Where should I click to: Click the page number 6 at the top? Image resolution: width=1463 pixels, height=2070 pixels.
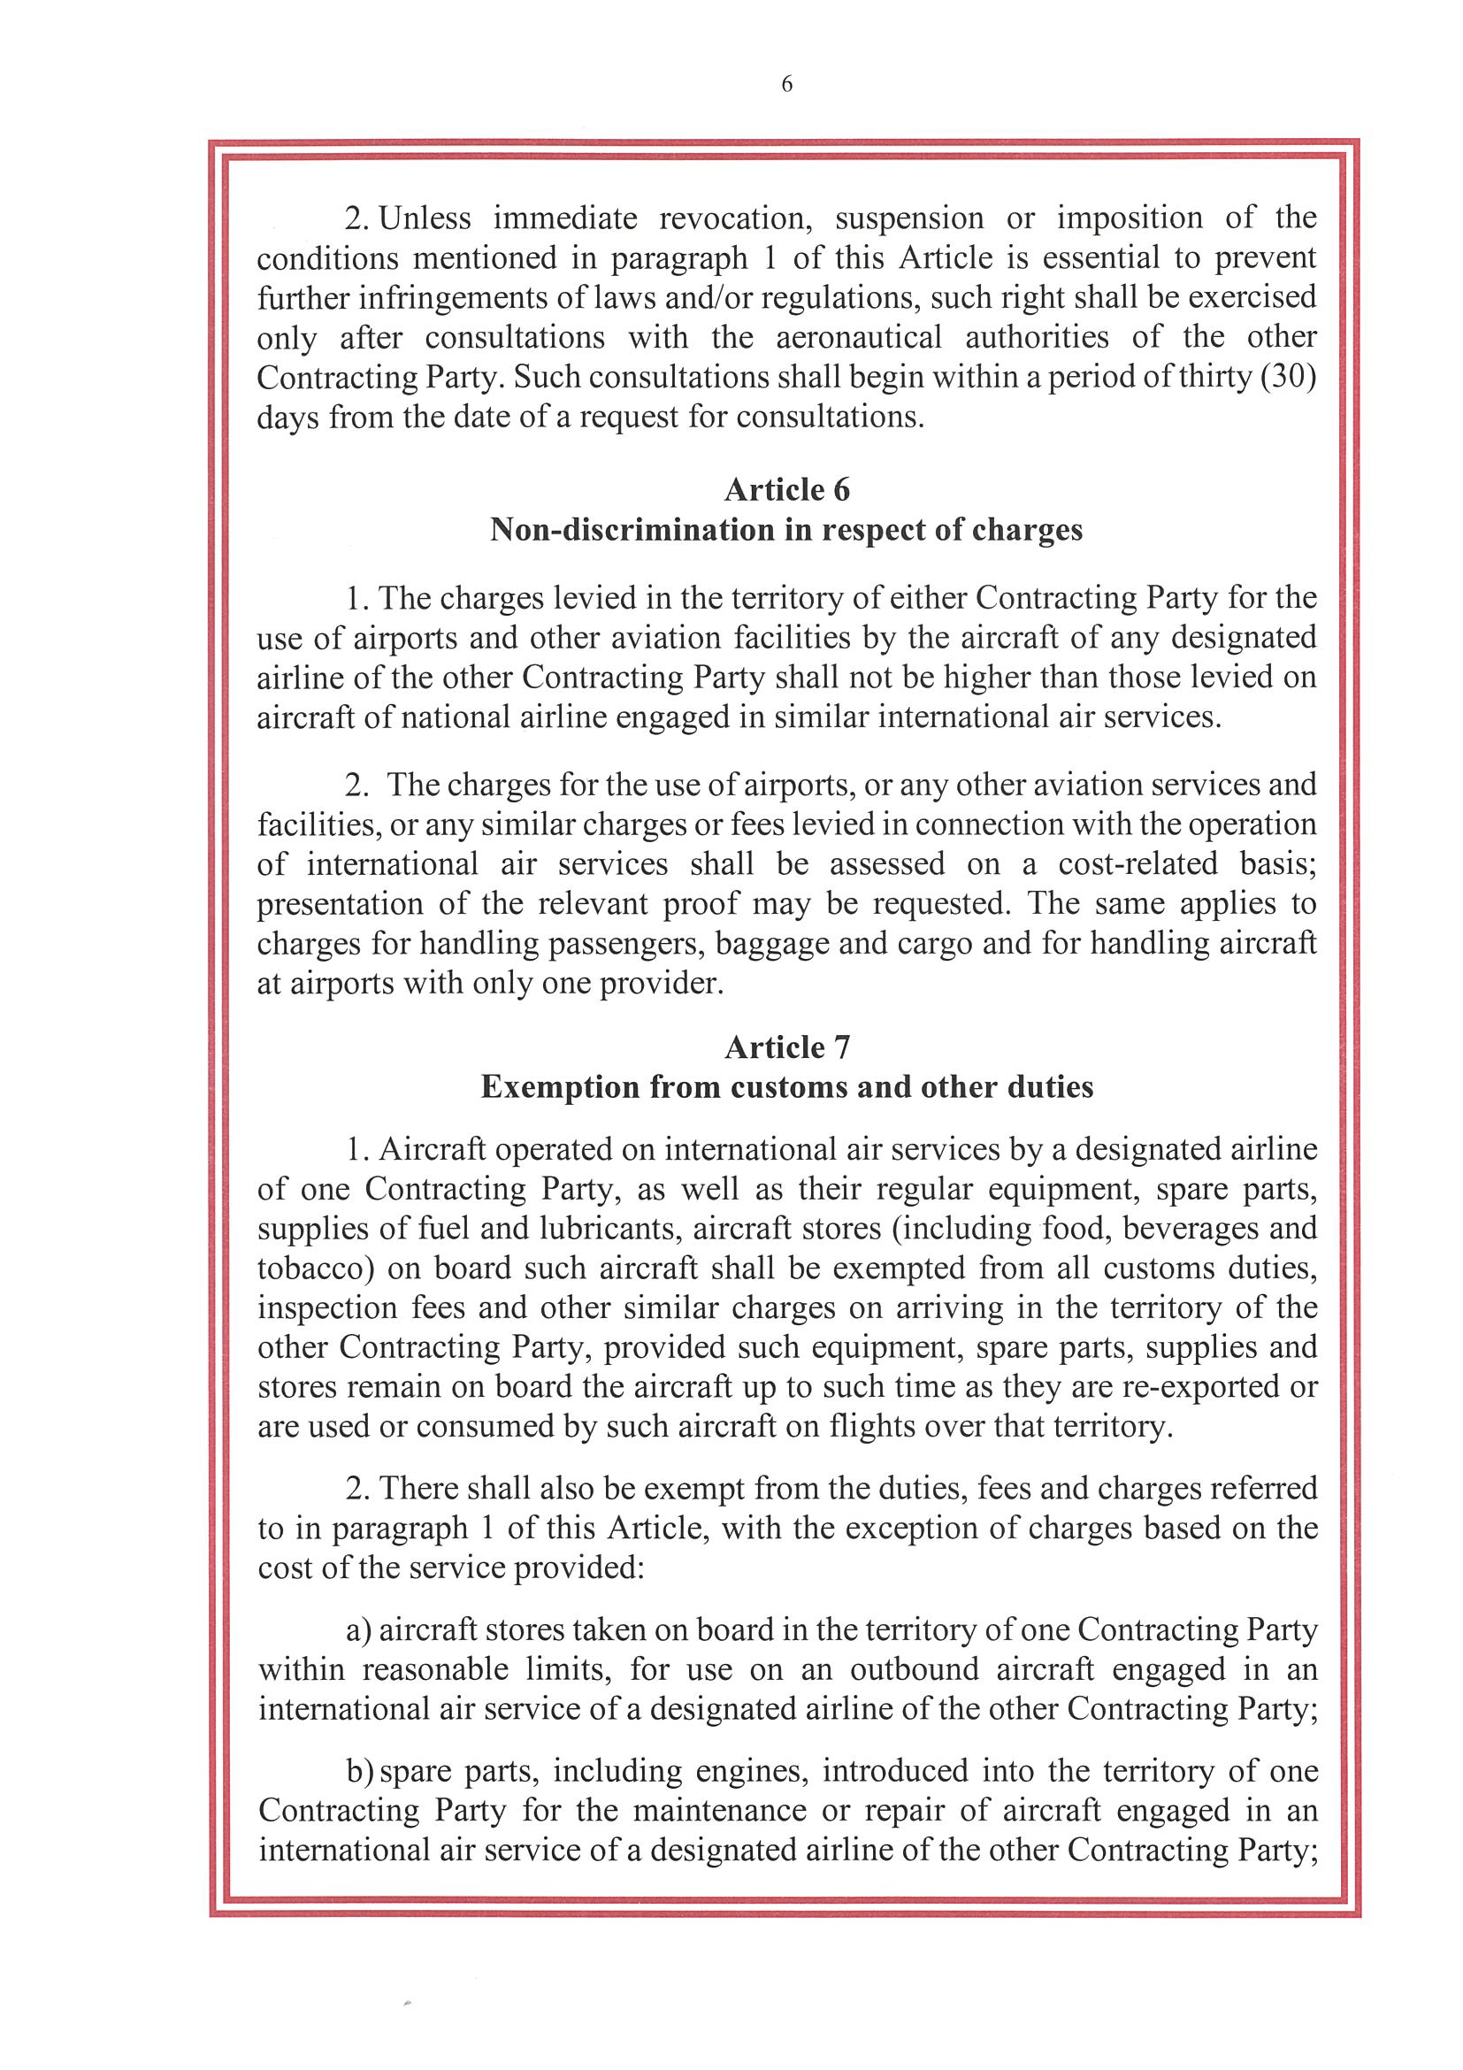point(786,85)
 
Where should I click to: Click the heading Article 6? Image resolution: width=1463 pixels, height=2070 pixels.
point(787,489)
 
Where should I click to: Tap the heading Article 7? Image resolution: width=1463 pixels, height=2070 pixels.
point(787,1046)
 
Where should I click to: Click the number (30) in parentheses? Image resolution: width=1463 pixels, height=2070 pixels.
point(1288,377)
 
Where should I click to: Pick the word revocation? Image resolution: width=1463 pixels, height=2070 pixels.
point(736,218)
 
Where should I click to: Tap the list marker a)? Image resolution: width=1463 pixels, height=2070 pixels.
point(360,1630)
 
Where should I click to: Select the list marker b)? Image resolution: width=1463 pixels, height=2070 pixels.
point(360,1772)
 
